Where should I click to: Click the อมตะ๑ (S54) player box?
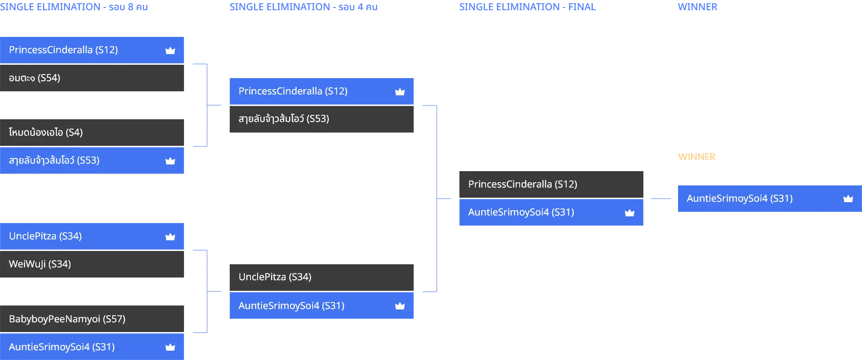pos(92,78)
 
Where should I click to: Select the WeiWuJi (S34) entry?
pos(92,264)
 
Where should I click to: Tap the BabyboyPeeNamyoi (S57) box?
pos(92,319)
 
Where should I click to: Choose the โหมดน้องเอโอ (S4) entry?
pos(92,133)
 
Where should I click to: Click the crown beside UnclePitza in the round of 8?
pos(170,237)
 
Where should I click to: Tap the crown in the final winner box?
pos(848,199)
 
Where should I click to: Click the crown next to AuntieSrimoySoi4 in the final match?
pos(630,213)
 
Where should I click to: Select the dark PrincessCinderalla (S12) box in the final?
pos(551,184)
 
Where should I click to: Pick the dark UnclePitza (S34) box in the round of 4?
pos(321,278)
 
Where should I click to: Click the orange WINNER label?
pos(697,157)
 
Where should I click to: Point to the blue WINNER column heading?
pos(697,7)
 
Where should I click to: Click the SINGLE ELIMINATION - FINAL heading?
pos(528,7)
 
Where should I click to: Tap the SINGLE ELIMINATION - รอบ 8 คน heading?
pos(74,7)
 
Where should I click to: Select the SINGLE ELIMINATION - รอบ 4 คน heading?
pos(304,7)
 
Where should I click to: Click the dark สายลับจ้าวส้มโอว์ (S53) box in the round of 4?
pos(321,119)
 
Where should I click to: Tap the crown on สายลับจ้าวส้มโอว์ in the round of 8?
pos(170,161)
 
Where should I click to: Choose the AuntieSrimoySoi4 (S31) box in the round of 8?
pos(92,347)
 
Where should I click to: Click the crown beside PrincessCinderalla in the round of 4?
pos(400,92)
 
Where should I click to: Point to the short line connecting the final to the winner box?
pos(661,199)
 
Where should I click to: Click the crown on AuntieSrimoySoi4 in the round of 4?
pos(400,306)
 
